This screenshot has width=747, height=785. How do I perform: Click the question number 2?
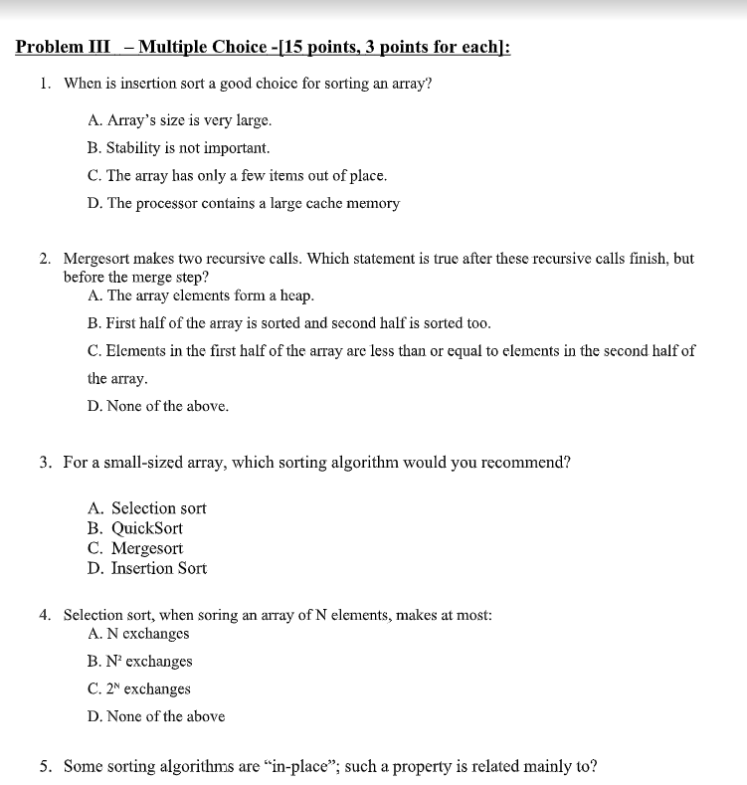point(46,259)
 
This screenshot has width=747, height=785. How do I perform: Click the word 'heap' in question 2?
point(297,295)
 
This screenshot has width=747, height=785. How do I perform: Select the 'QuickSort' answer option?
point(146,528)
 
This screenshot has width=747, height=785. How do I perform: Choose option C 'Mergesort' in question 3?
point(146,548)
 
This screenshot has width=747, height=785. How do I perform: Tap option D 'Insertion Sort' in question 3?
point(158,568)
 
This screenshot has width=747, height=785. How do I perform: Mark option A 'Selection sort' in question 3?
point(158,508)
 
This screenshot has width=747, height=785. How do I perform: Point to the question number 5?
point(46,766)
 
